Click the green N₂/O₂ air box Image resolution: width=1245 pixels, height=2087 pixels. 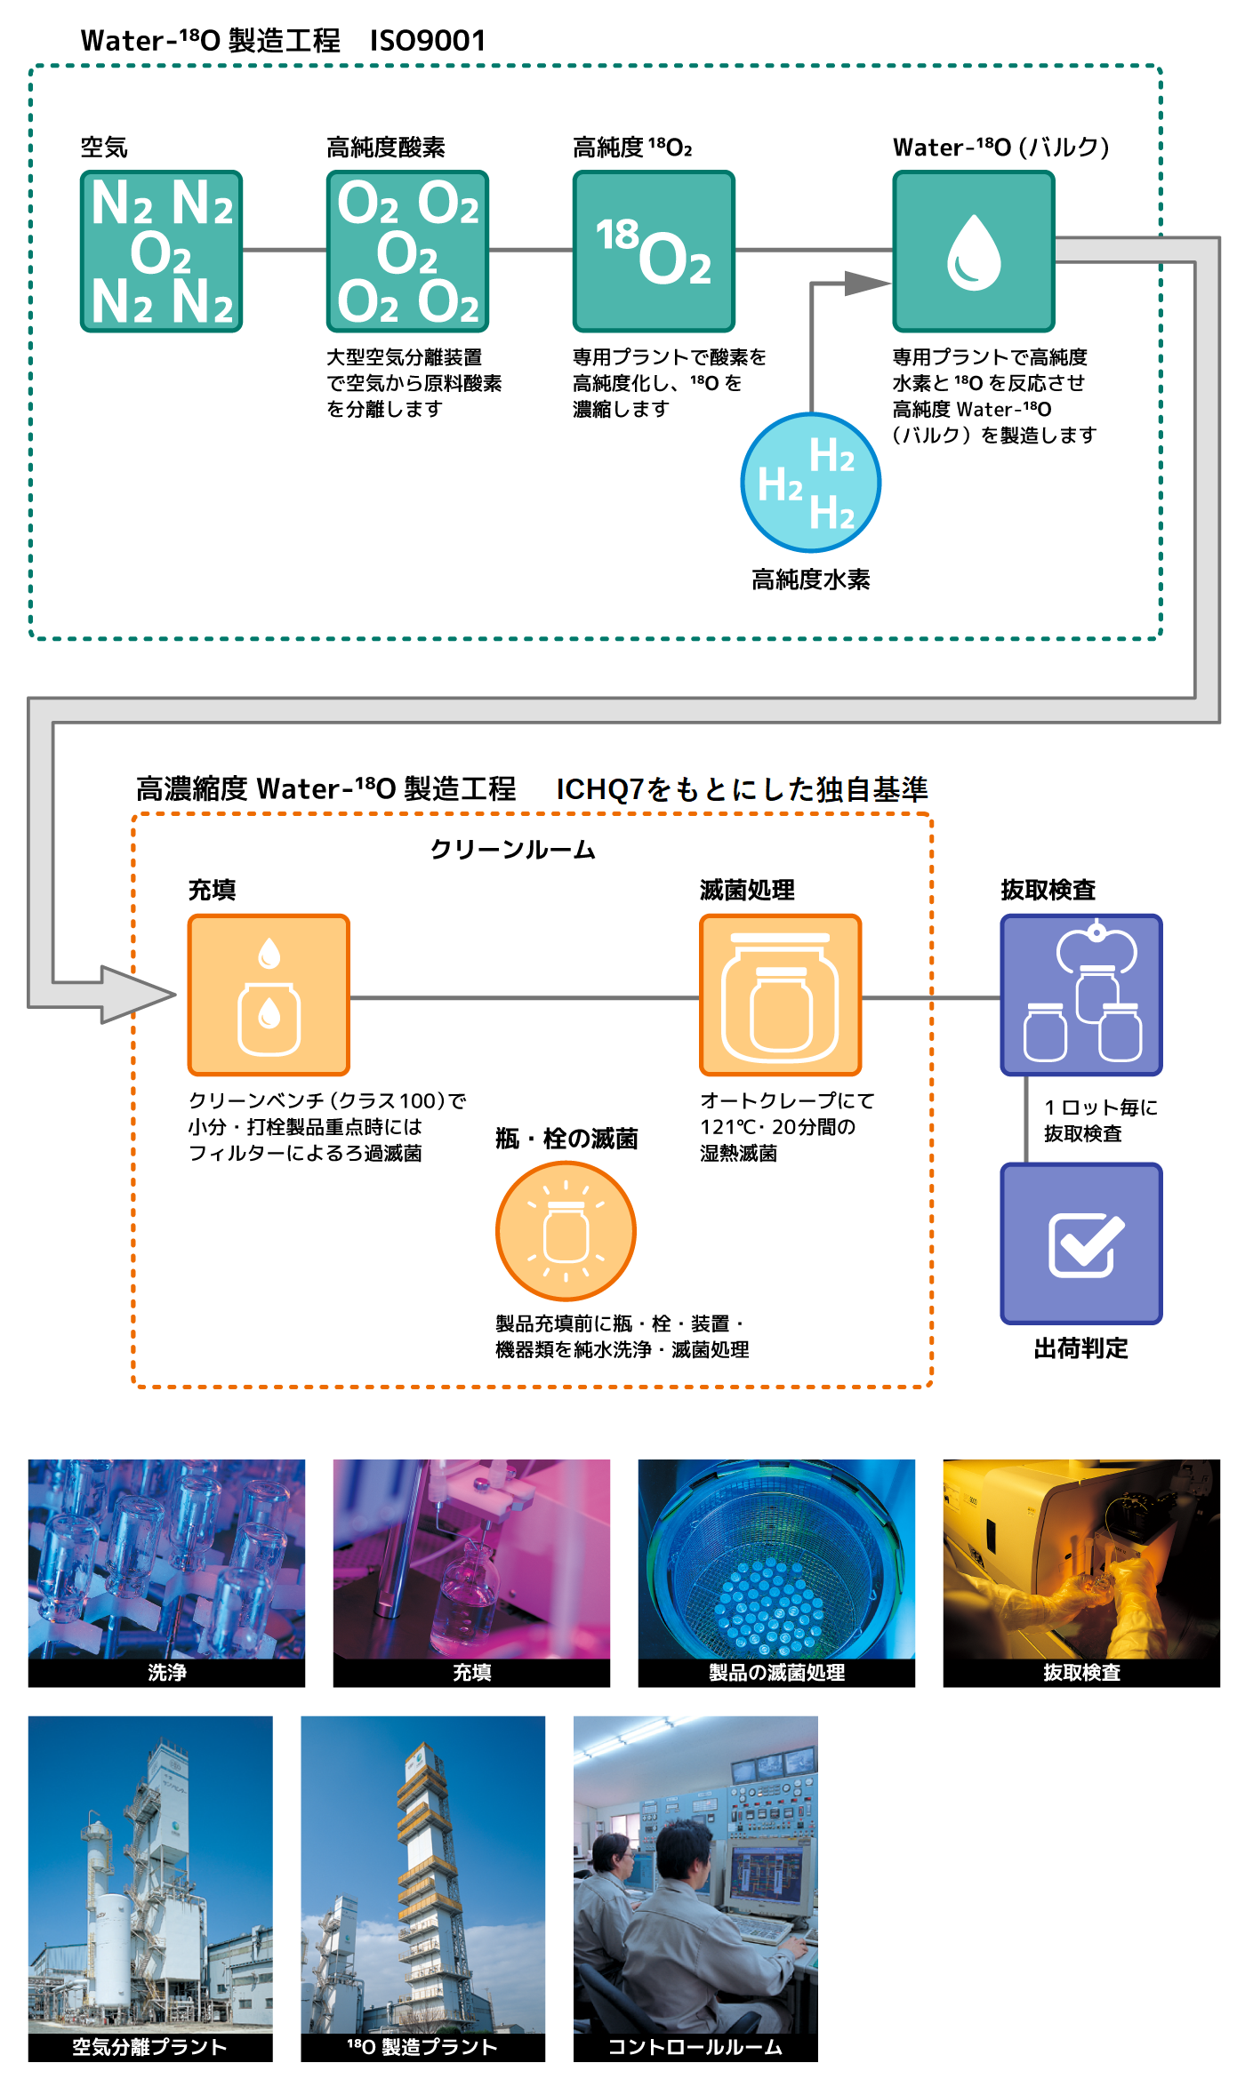pos(161,252)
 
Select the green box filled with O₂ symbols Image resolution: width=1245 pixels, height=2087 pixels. pos(407,252)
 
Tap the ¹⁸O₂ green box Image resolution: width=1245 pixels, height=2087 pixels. pos(654,252)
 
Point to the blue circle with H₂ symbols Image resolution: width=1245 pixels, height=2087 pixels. pos(810,483)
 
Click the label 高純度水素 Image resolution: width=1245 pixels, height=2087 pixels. pos(810,580)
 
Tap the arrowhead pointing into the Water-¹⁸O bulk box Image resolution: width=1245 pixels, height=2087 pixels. pos(866,284)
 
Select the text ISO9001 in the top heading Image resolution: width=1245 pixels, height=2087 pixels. pos(428,41)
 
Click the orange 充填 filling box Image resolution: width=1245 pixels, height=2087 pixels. pos(269,996)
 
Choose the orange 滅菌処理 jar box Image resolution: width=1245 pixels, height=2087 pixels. pos(780,996)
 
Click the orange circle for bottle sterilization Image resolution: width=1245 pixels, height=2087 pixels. pos(566,1231)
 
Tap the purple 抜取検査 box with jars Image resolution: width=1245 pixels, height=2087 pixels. pos(1081,996)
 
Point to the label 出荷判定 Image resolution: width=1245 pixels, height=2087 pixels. pos(1080,1348)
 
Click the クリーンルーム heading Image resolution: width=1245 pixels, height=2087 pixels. pos(513,850)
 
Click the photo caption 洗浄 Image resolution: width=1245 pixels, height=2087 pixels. pos(166,1673)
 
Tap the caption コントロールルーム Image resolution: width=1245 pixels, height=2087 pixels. pos(695,2047)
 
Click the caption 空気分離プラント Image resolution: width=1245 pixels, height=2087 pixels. pos(149,2047)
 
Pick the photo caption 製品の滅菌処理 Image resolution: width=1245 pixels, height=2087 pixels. pos(776,1673)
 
